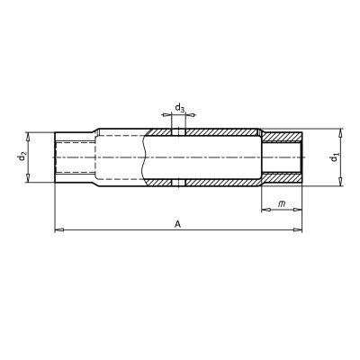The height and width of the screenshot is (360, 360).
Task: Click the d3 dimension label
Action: [180, 107]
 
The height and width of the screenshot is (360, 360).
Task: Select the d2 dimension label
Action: [22, 157]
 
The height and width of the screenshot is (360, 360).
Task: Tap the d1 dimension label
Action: [334, 157]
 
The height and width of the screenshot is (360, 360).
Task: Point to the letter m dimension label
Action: [282, 204]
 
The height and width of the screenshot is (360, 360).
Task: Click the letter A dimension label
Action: [178, 224]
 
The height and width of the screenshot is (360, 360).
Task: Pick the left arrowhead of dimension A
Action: [59, 230]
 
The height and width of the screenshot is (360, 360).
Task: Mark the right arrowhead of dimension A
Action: [298, 230]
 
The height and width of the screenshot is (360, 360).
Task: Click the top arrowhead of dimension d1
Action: [340, 133]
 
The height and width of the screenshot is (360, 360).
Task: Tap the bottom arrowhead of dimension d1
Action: [340, 182]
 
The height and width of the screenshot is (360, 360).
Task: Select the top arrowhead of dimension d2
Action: [28, 137]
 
